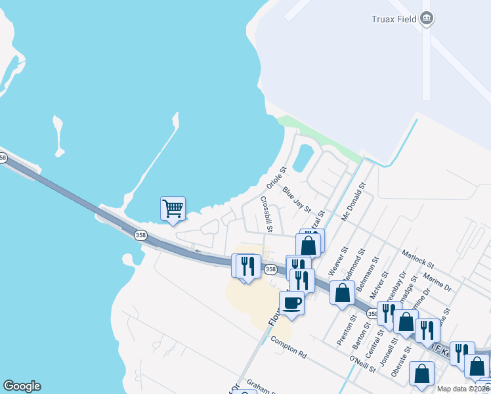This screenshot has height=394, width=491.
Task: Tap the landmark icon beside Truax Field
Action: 428,18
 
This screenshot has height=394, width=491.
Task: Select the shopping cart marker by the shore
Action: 173,209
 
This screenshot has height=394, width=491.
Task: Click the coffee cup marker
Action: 292,303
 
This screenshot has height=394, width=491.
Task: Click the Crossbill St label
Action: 266,214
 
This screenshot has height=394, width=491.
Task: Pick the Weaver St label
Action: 335,262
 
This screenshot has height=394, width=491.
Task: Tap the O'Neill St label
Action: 362,364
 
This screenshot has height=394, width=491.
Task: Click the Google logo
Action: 22,386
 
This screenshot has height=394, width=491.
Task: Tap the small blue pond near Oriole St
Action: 303,158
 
